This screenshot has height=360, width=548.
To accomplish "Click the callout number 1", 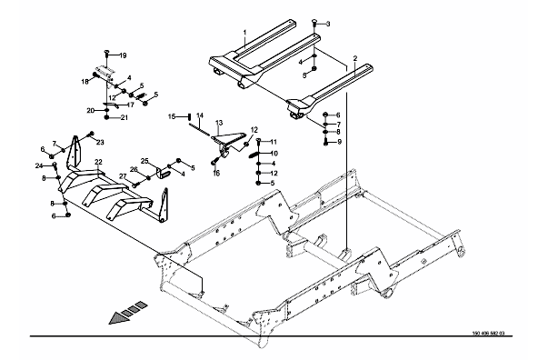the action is pos(245,33).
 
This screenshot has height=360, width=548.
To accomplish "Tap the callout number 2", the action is pos(355,58).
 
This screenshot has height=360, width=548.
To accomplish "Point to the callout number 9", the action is pos(339,142).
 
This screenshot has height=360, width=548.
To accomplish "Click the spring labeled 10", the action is pos(258,154).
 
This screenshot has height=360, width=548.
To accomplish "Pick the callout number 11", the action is pos(274,142).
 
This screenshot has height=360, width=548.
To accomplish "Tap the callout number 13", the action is pos(219,123).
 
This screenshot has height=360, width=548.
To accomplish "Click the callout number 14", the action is pos(200,115).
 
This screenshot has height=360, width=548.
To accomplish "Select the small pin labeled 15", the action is pos(189,116).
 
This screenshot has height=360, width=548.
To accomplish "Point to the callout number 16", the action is pos(216,174).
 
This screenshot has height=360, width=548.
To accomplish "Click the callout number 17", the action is pos(131,105).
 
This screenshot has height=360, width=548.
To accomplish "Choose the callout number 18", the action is pos(85,82).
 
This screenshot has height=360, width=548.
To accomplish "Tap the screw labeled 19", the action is pos(107,55).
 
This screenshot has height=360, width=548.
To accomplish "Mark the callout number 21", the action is pos(125,118).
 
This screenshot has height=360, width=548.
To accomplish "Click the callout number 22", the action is pos(98,162).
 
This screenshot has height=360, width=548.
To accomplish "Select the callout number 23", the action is pos(100,142).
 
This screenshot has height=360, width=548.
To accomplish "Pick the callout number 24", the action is pos(38,165).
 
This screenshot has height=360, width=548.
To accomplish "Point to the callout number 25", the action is pos(144,161).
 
